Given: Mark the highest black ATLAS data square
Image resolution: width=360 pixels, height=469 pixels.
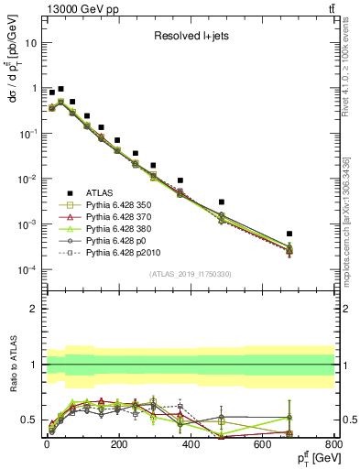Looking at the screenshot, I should (x=61, y=90).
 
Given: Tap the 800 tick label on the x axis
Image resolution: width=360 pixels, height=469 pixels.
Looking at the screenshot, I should (x=333, y=444).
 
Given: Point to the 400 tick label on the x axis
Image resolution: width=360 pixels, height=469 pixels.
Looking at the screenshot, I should (x=190, y=444).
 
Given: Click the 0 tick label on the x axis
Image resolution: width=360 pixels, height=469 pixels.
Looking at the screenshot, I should (x=46, y=444).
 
